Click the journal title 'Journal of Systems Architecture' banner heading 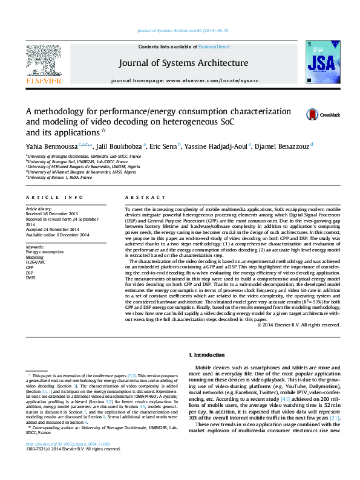(183, 63)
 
